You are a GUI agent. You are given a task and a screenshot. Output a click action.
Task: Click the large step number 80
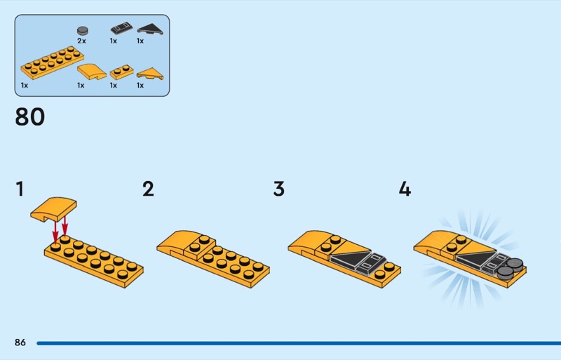pyautogui.click(x=30, y=117)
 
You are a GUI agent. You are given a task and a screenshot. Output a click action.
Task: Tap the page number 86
pyautogui.click(x=20, y=342)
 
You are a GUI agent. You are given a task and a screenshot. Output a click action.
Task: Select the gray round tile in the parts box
pyautogui.click(x=83, y=30)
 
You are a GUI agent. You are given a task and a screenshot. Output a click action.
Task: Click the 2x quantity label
pyautogui.click(x=81, y=41)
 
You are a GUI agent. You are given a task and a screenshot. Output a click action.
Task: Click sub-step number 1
pyautogui.click(x=20, y=189)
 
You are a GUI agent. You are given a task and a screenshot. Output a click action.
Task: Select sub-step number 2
pyautogui.click(x=148, y=189)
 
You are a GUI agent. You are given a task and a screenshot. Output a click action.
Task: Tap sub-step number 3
pyautogui.click(x=279, y=189)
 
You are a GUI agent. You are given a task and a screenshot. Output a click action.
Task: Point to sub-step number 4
pyautogui.click(x=405, y=189)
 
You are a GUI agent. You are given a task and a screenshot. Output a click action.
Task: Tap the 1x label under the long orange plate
pyautogui.click(x=25, y=85)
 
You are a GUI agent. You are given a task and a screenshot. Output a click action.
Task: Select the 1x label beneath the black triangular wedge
pyautogui.click(x=140, y=41)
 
